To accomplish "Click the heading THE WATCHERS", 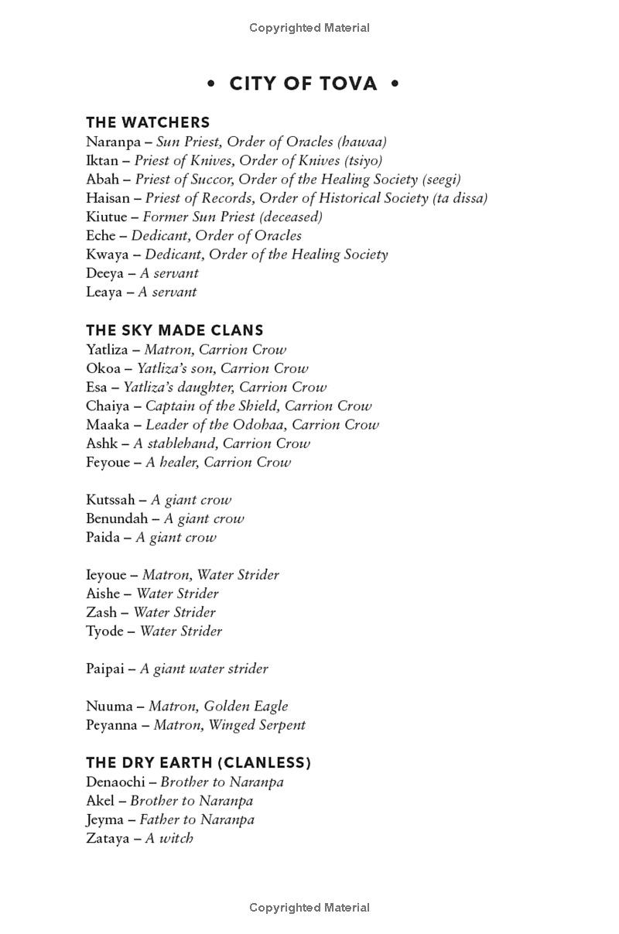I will click(x=148, y=122).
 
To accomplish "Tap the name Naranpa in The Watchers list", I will click(x=113, y=142).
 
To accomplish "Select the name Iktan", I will click(x=102, y=160).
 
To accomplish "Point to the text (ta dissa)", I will click(x=460, y=198).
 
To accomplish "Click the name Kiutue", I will click(x=107, y=217).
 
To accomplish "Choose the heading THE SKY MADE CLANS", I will click(x=175, y=330).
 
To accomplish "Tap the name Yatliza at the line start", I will click(x=107, y=350).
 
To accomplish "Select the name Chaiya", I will click(x=108, y=405).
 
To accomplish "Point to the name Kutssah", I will click(x=111, y=500).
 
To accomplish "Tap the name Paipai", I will click(x=104, y=669).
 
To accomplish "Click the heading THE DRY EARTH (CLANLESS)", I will click(x=199, y=763).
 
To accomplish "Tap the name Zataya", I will click(x=108, y=838).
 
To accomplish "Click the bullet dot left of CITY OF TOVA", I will click(x=211, y=83).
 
